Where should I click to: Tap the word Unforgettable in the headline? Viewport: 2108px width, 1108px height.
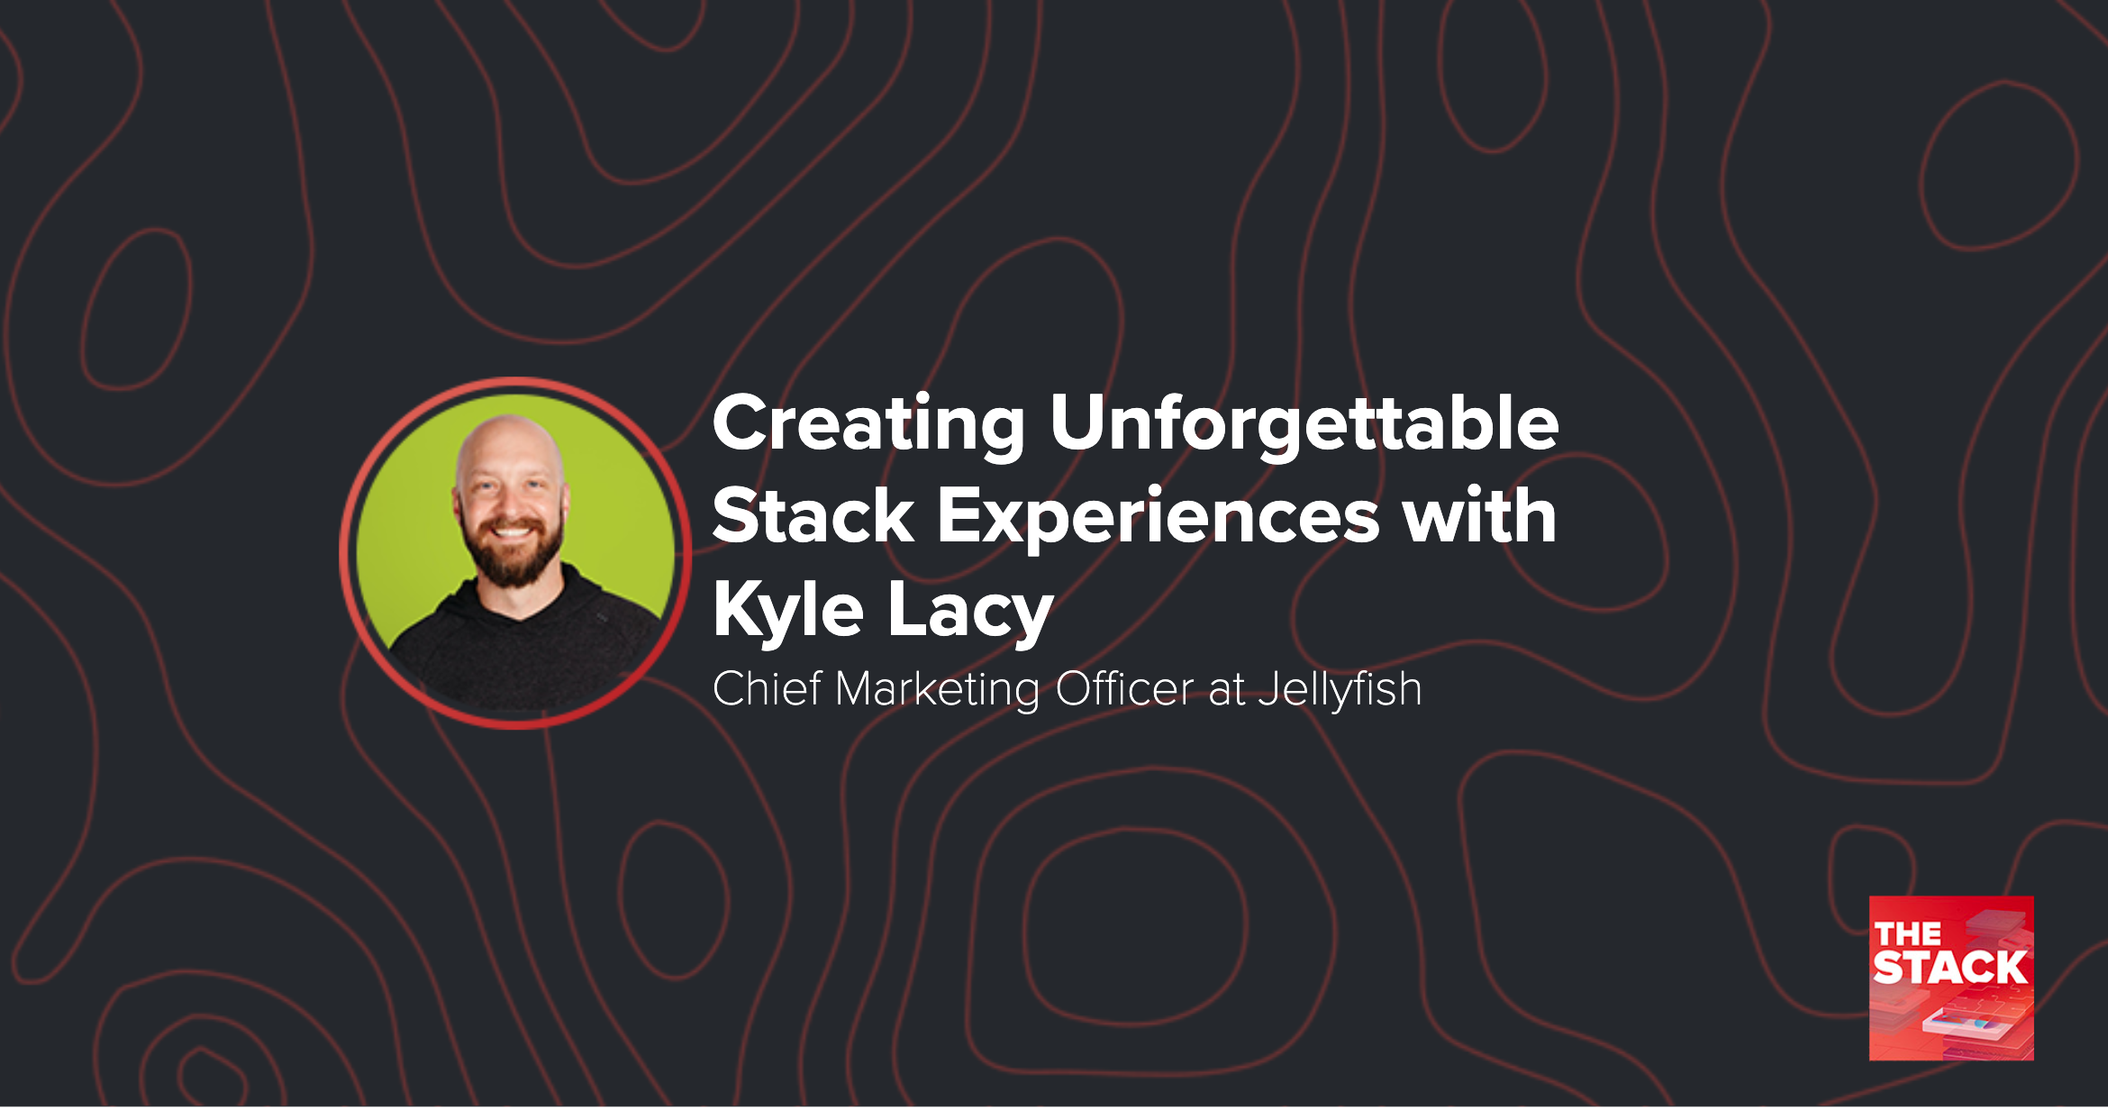(x=1304, y=424)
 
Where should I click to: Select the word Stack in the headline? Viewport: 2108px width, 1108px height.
(x=813, y=517)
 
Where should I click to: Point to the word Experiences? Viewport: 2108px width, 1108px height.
(x=1158, y=517)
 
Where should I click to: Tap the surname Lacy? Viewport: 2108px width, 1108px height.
(x=970, y=611)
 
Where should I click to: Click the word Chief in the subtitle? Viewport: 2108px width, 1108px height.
(x=767, y=689)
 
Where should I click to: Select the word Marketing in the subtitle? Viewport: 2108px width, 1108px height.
(x=937, y=690)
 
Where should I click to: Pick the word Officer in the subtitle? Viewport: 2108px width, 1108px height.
(x=1124, y=689)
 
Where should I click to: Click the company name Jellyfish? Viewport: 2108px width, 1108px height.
(x=1340, y=690)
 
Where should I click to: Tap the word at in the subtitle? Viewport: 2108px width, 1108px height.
(x=1226, y=690)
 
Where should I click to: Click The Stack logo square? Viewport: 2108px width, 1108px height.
(x=1951, y=977)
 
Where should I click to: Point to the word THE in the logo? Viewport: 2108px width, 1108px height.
(x=1907, y=934)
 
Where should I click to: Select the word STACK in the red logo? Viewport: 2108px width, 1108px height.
(x=1949, y=967)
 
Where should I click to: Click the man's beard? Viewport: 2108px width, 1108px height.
(x=513, y=563)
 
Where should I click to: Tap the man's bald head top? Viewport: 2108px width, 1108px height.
(x=509, y=437)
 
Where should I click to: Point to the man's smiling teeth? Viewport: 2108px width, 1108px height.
(x=512, y=531)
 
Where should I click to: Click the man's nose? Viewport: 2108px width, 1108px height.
(x=511, y=506)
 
